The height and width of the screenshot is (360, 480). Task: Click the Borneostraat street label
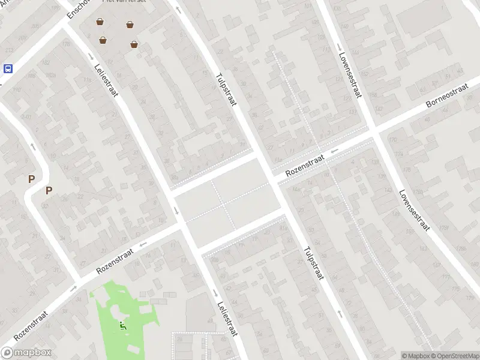click(x=446, y=96)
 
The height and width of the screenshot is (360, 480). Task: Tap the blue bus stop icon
click(x=8, y=68)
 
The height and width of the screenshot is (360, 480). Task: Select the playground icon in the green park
click(x=122, y=326)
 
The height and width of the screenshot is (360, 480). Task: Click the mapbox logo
click(x=26, y=353)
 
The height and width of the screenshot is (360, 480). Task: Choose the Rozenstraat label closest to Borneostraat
click(x=305, y=164)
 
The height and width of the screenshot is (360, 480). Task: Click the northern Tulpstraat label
click(x=227, y=90)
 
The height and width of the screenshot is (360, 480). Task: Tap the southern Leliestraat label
click(x=229, y=320)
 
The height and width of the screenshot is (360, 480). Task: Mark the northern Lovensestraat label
click(x=350, y=77)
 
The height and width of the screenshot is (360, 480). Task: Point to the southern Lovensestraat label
click(x=415, y=209)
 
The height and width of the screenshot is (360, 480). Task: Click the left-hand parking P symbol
click(x=31, y=179)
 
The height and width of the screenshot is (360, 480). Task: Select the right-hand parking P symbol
click(x=49, y=191)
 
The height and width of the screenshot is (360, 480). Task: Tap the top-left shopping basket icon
click(x=100, y=22)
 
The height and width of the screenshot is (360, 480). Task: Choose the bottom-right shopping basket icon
click(x=134, y=43)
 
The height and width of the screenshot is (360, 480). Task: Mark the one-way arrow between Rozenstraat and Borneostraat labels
click(x=334, y=150)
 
